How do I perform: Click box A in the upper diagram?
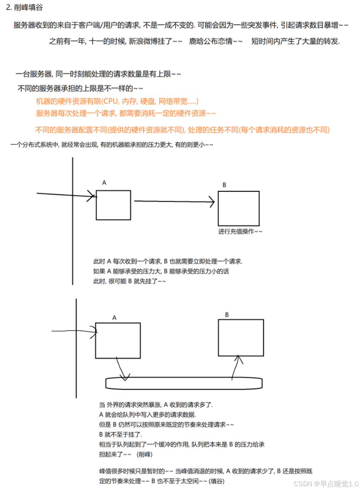(x=113, y=205)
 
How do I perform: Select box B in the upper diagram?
(x=238, y=208)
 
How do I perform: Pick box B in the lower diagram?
(x=241, y=337)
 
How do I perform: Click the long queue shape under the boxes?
(x=184, y=383)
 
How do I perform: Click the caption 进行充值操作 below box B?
(x=240, y=231)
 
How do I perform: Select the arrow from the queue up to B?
(x=236, y=366)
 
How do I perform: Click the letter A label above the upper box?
(x=104, y=183)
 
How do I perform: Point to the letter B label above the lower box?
(x=227, y=315)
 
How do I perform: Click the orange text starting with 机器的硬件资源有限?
(x=117, y=101)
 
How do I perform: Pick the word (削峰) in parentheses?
(x=144, y=453)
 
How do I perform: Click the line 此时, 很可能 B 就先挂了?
(x=129, y=281)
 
